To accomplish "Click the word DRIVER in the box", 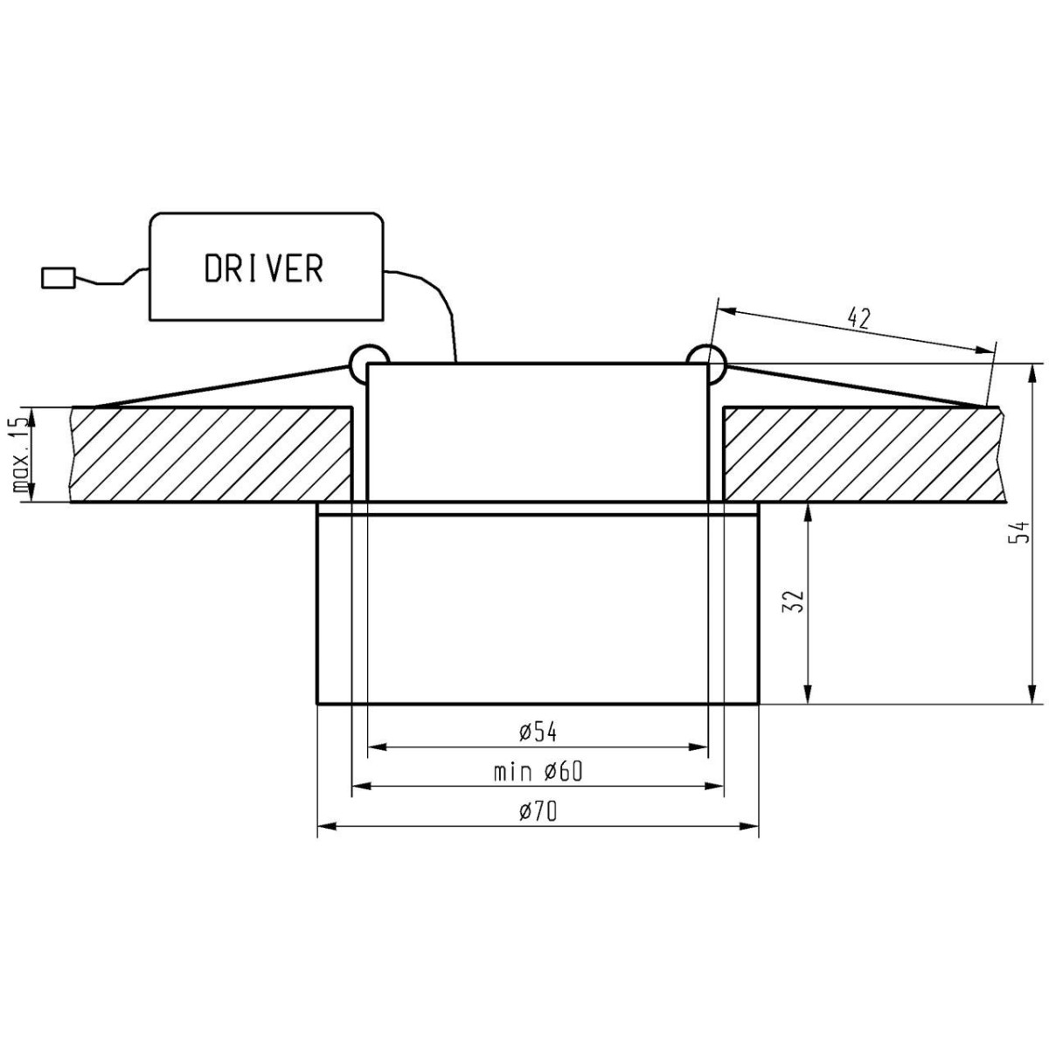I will [264, 268].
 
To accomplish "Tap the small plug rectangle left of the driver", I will [59, 278].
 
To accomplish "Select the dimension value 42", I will [860, 317].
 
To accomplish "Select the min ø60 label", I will [537, 772].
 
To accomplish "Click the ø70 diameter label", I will [537, 811].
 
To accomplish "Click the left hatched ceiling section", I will [210, 455].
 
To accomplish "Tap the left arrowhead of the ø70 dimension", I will [326, 826].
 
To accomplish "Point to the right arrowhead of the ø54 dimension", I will [698, 747].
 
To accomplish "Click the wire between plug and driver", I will [109, 281].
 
